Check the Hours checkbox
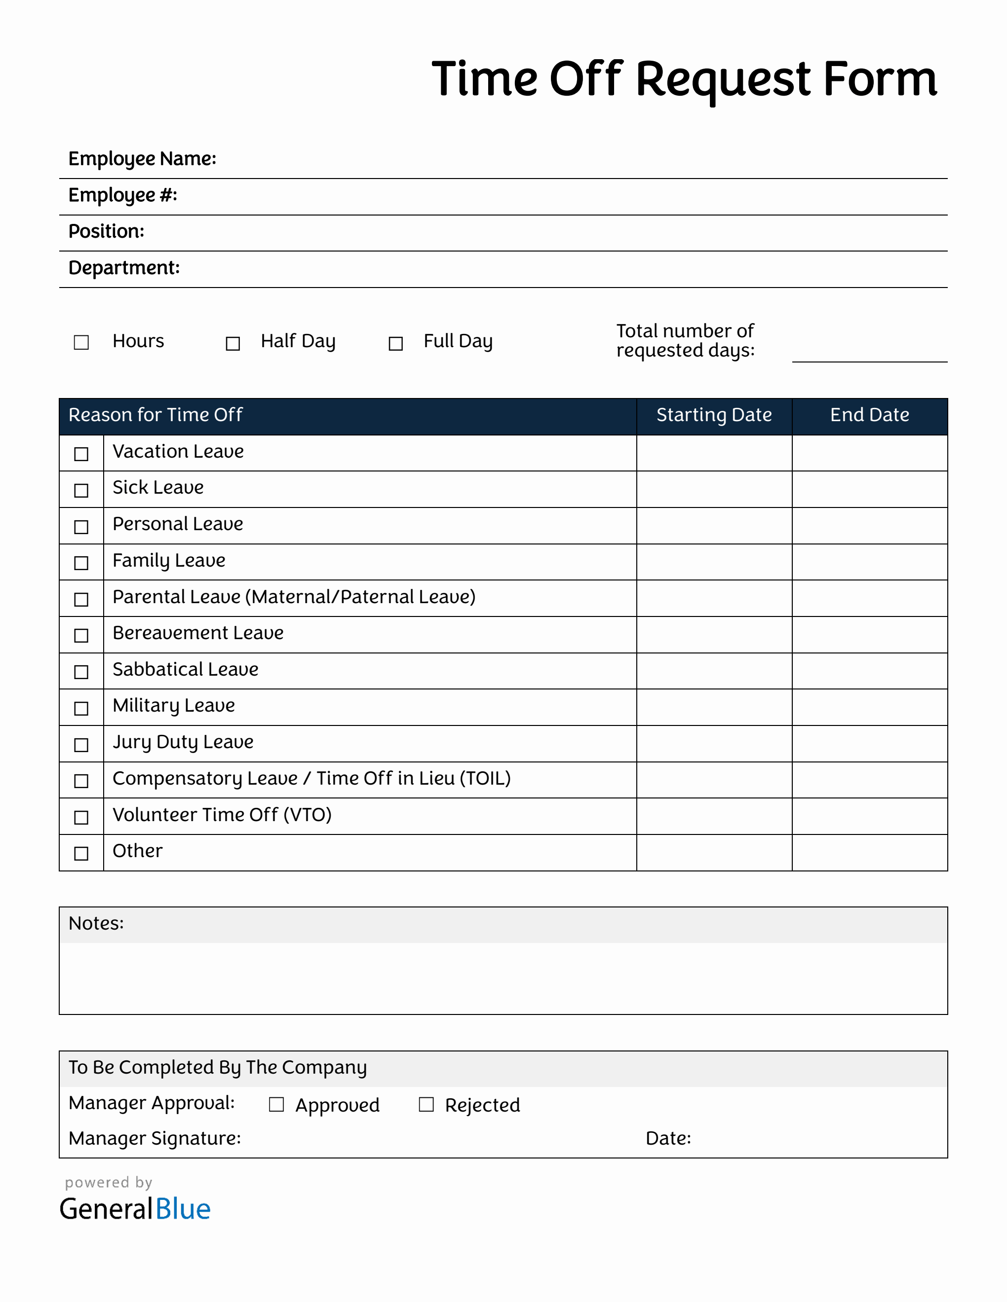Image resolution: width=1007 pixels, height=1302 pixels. pyautogui.click(x=81, y=342)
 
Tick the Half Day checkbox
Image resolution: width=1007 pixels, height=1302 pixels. pyautogui.click(x=232, y=343)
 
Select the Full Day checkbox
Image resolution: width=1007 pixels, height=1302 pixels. pyautogui.click(x=395, y=343)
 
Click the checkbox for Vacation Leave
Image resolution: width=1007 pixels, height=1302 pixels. pyautogui.click(x=81, y=454)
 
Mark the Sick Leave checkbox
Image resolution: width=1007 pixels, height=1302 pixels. pyautogui.click(x=81, y=490)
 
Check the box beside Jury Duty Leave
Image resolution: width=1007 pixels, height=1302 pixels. pyautogui.click(x=81, y=745)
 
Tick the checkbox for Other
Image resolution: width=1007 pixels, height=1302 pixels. pyautogui.click(x=81, y=853)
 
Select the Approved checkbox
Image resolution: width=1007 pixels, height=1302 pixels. pyautogui.click(x=276, y=1105)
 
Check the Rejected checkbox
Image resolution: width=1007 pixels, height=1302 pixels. pyautogui.click(x=426, y=1105)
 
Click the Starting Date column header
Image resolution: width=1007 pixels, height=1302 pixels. pyautogui.click(x=714, y=415)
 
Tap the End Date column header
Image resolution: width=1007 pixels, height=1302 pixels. pyautogui.click(x=869, y=415)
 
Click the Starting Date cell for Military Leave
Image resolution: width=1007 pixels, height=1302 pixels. pyautogui.click(x=714, y=707)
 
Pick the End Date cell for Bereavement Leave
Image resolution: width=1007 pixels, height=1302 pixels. pyautogui.click(x=869, y=634)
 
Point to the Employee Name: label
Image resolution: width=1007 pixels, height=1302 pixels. pyautogui.click(x=142, y=159)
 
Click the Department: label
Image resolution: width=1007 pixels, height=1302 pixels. pyautogui.click(x=124, y=268)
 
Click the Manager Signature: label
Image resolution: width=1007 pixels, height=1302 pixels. pyautogui.click(x=155, y=1138)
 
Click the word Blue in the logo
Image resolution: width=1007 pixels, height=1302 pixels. pyautogui.click(x=183, y=1209)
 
